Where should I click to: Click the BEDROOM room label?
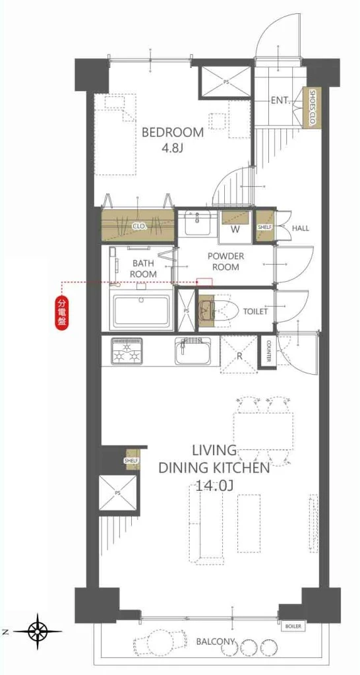coord(173,132)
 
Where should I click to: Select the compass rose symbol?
coord(38,631)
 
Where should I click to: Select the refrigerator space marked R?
coord(238,354)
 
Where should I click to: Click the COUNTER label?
coord(268,352)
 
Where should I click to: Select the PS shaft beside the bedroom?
coord(225,81)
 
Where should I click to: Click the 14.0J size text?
coord(214,486)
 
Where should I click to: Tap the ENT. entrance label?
coord(280,101)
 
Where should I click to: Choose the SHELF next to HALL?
coord(265,226)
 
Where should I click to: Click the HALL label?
coord(300,228)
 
